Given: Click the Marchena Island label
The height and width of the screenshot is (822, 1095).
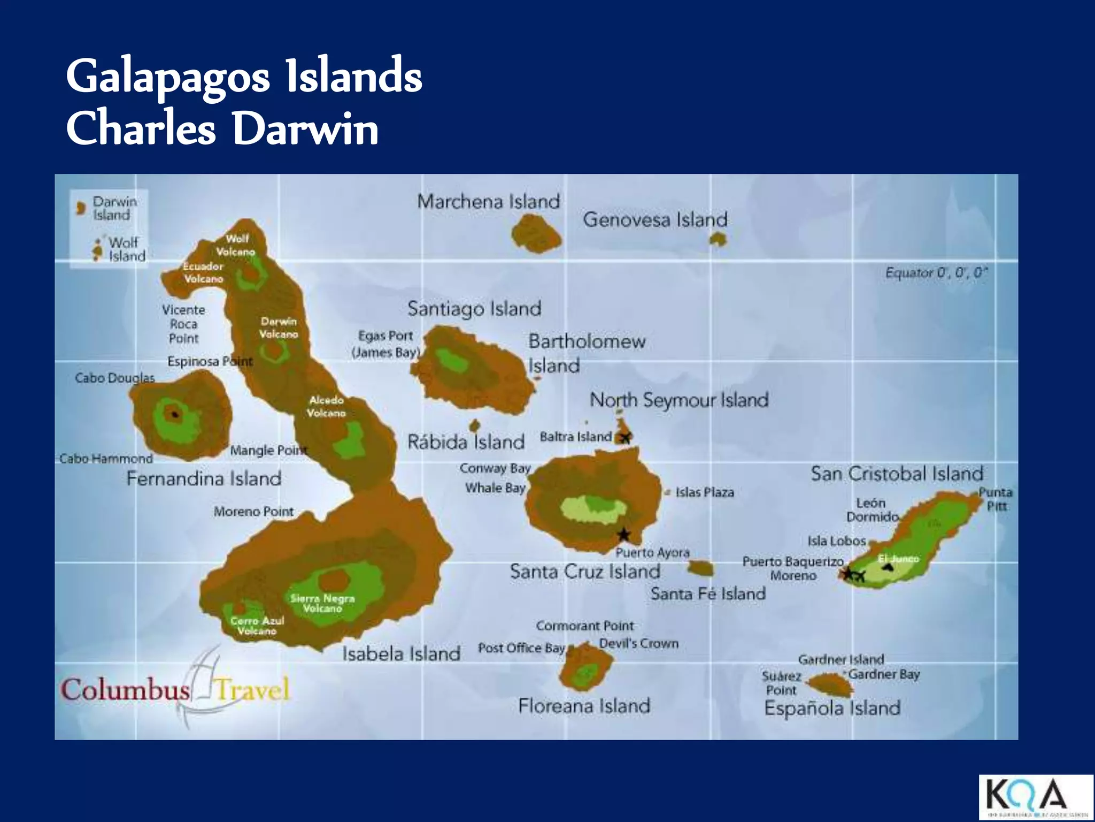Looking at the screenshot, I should point(488,202).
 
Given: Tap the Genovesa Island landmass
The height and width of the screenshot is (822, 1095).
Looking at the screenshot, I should point(718,240).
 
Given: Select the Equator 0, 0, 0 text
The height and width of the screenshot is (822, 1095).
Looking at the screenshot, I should point(936,273).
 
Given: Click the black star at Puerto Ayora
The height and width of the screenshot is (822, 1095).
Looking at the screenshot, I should point(623,534).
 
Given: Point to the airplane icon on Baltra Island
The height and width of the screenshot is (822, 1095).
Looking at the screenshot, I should point(625,437).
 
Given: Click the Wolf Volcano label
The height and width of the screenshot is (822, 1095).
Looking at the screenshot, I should point(236,245).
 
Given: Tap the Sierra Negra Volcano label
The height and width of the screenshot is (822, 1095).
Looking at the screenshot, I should point(322,603).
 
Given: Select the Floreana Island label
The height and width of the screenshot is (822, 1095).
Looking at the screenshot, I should point(584,706).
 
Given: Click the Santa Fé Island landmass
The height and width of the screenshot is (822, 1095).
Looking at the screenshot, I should point(700,567).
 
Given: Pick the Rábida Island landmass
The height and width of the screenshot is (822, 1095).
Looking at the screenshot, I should point(474,425).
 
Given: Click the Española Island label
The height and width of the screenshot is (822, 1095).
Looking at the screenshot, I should point(832,708).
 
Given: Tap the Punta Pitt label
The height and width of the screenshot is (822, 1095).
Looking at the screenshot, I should point(996,499).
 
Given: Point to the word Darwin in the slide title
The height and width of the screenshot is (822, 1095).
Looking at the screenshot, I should point(305,128).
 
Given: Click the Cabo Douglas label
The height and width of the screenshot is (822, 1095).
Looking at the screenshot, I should point(114,378).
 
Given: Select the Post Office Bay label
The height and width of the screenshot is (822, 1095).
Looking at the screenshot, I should point(521,648).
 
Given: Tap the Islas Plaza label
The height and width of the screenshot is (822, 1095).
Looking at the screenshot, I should point(704,492).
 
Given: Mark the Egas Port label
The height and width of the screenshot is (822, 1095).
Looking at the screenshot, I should point(385,336).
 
